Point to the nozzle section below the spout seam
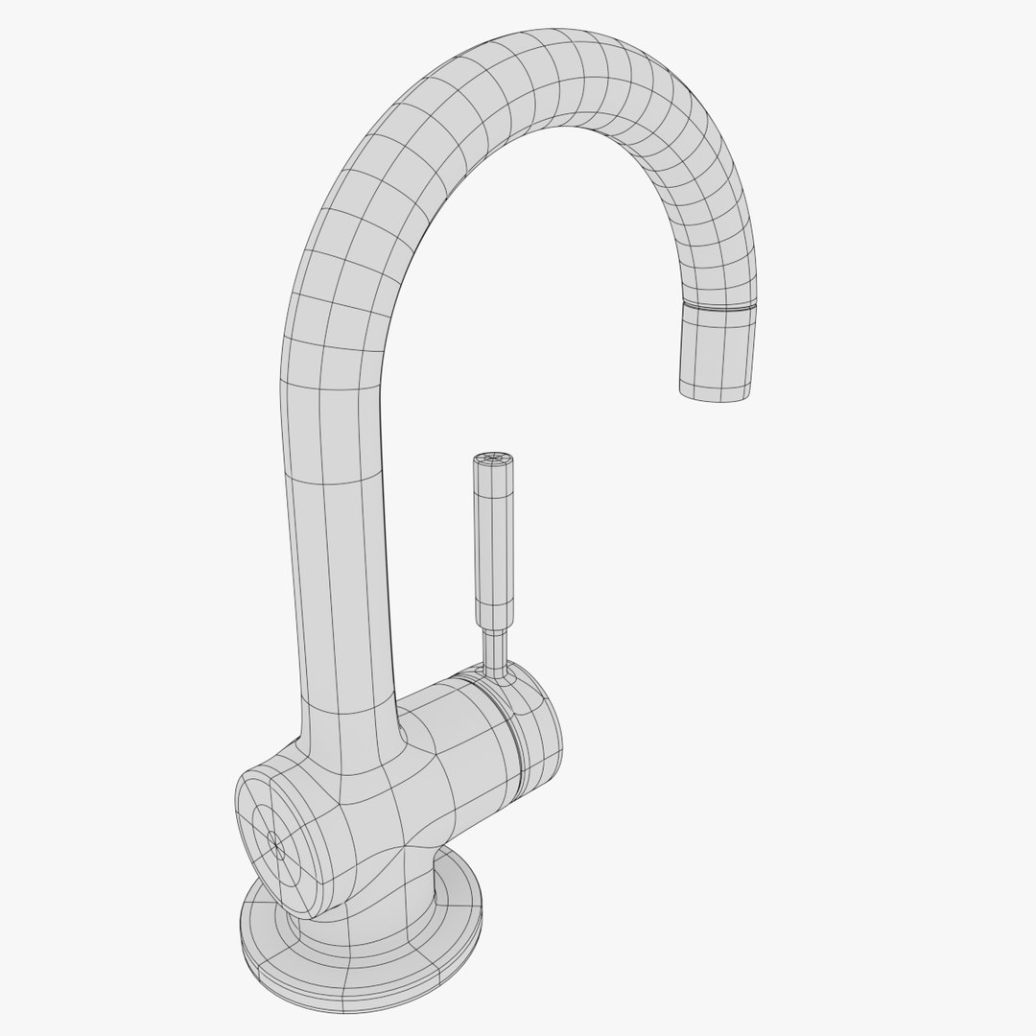pos(715,350)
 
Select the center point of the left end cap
pos(277,846)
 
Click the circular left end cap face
pos(273,835)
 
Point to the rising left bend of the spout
pos(345,240)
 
